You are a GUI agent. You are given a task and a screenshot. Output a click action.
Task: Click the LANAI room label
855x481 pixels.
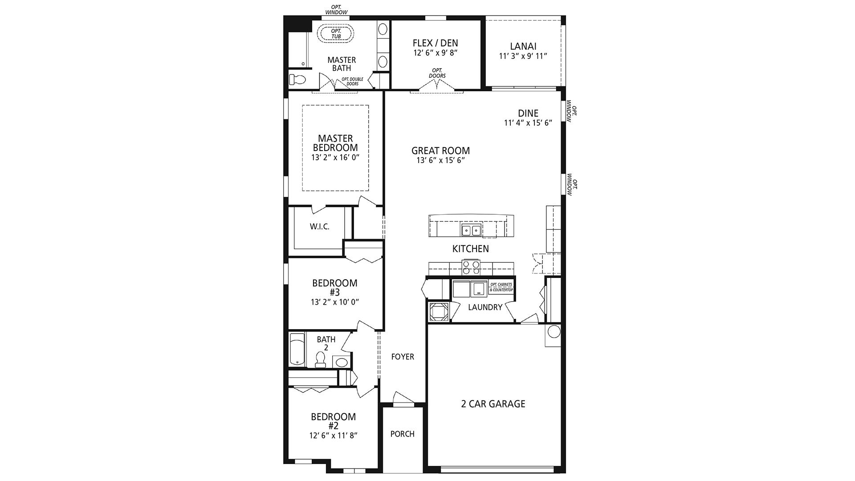(523, 46)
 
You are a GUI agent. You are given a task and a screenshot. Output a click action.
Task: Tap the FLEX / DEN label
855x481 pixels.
(435, 43)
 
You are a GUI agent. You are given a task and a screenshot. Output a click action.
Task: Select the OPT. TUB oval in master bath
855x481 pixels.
(336, 33)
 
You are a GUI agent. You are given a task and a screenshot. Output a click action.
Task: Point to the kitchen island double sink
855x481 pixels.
(471, 230)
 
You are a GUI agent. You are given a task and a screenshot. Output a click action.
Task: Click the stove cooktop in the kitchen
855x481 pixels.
(471, 267)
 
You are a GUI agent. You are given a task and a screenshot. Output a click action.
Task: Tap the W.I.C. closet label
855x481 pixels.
(319, 227)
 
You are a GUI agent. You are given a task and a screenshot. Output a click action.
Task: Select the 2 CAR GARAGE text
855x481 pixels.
(493, 404)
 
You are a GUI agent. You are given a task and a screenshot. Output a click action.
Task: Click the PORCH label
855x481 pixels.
(402, 434)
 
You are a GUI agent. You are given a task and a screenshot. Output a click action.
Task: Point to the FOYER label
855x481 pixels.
(403, 357)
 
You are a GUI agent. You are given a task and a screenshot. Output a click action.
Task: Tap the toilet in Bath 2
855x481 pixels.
(320, 359)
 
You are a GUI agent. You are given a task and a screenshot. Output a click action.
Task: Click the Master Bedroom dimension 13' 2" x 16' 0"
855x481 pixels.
(335, 157)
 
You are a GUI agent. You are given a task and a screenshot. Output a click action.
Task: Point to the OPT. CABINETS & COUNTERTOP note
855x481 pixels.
(501, 287)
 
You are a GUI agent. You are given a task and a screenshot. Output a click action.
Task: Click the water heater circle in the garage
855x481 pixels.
(554, 332)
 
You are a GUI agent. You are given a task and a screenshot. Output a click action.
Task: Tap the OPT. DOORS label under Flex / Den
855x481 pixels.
(437, 73)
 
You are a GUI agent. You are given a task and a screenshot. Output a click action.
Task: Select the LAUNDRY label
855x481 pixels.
(485, 307)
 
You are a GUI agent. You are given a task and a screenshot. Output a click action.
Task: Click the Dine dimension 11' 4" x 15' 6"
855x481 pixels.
(528, 123)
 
